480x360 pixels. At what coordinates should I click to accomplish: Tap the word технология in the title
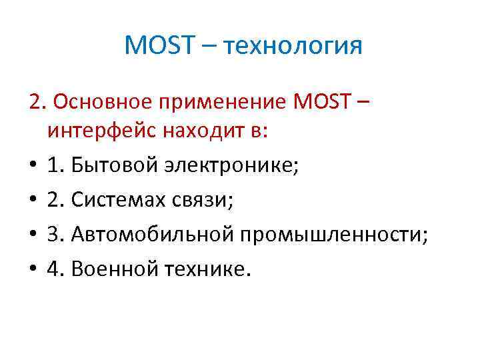[293, 47]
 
